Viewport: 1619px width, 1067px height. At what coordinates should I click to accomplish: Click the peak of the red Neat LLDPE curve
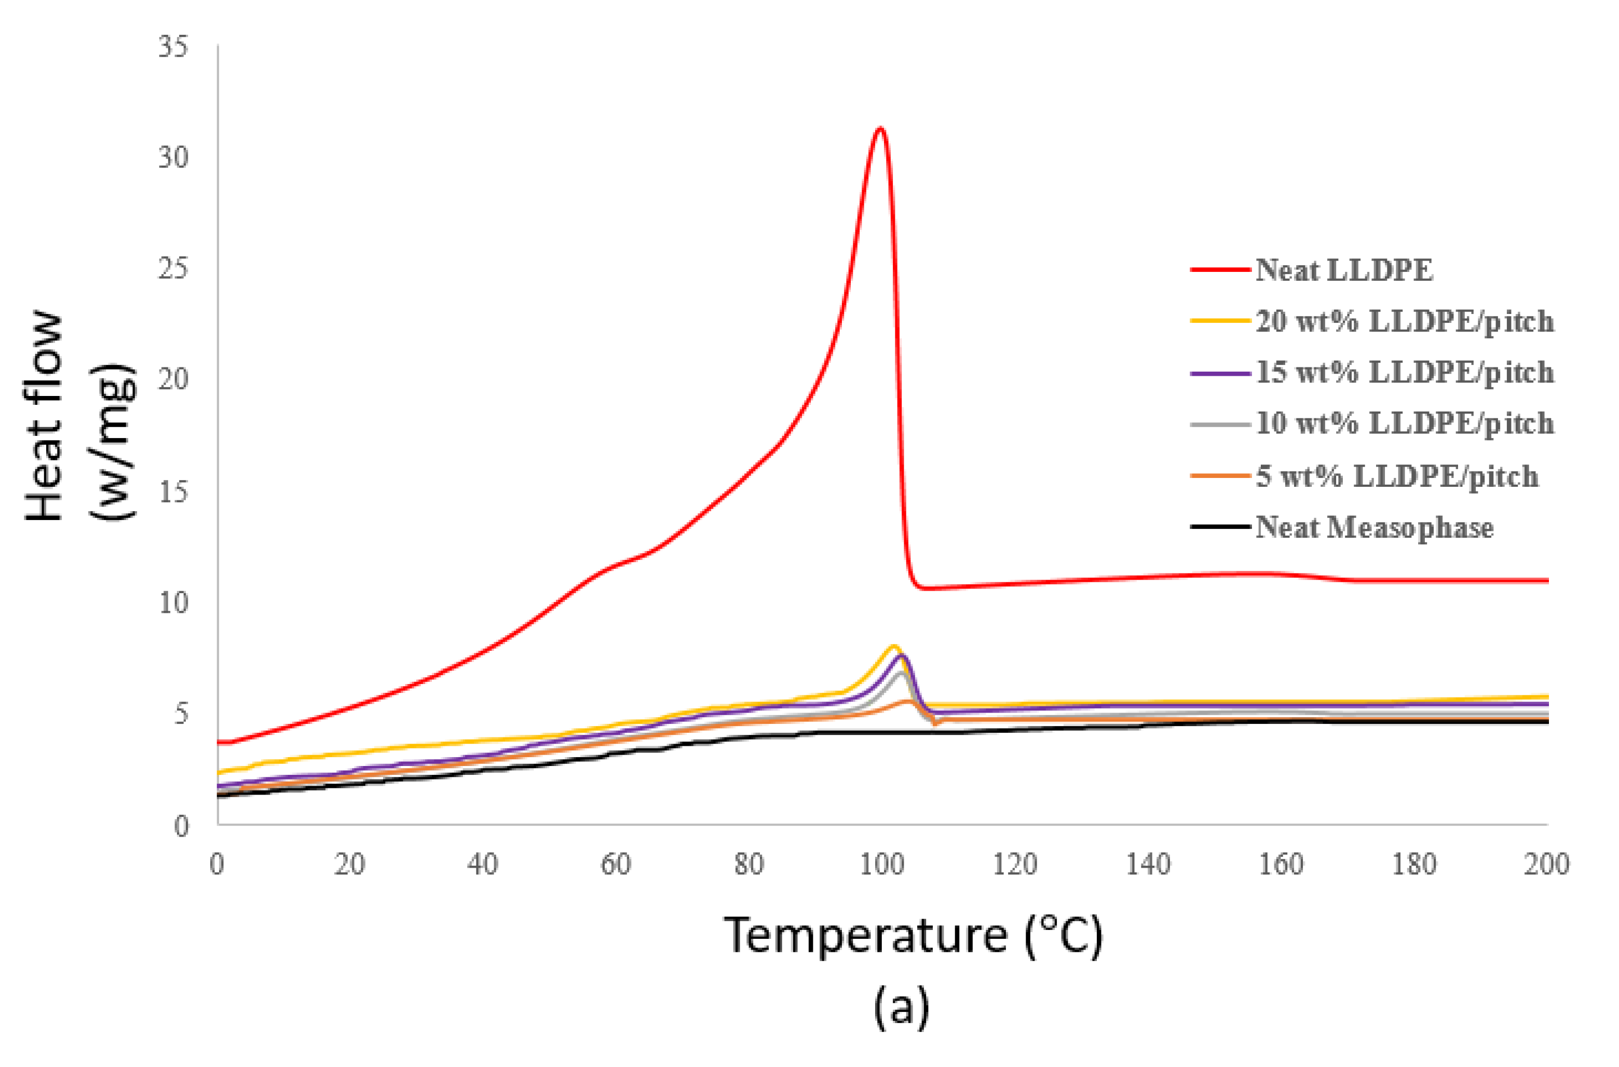pos(880,128)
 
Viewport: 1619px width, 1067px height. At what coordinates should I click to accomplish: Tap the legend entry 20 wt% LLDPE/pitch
pos(1405,321)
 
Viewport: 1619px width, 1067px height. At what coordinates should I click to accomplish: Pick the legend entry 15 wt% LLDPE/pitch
pos(1405,372)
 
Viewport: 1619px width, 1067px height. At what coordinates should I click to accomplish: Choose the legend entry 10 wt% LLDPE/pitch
pos(1405,423)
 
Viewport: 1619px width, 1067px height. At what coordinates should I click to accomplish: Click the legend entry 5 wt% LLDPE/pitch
pos(1396,476)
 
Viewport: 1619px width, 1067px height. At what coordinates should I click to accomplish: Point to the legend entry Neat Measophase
pos(1374,527)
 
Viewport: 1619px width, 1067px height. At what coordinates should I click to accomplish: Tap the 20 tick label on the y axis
pos(173,380)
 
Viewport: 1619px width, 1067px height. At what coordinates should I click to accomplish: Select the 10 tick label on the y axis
pos(173,602)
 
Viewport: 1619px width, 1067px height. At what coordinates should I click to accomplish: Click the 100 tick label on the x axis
pos(882,864)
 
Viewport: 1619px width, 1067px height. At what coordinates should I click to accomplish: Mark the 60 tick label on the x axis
pos(616,864)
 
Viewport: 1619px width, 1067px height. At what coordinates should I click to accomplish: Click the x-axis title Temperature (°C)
pos(913,936)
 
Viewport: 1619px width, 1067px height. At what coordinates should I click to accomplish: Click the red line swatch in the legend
pos(1220,270)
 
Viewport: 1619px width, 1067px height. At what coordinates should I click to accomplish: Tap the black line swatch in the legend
pos(1220,527)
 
